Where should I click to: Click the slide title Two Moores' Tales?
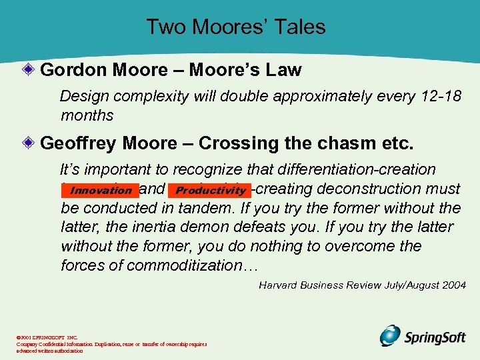coord(236,27)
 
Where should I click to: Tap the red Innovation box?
coord(101,191)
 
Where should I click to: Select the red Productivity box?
coord(211,191)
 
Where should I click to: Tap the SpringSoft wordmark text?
coord(435,337)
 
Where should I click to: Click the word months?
coord(87,115)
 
